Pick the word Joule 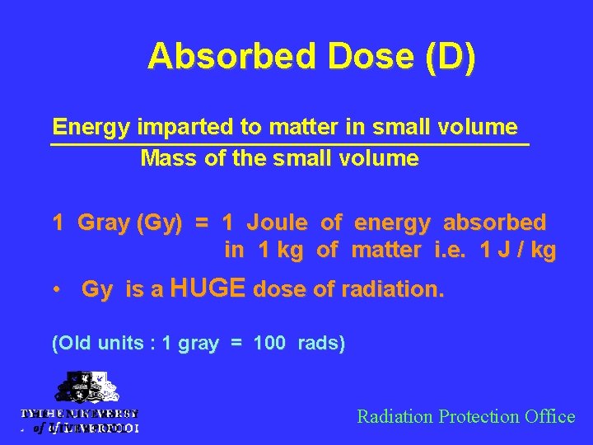(x=278, y=222)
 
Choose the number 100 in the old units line (x=269, y=343)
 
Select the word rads (x=322, y=343)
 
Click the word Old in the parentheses (x=71, y=343)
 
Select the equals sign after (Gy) (x=201, y=223)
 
